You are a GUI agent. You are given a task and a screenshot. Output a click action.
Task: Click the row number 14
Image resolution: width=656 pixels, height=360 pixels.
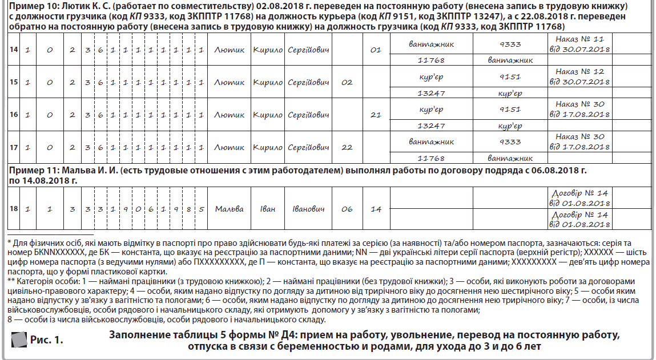pos(14,50)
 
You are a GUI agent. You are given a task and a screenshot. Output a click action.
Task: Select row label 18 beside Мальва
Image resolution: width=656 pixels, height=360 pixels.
pos(14,209)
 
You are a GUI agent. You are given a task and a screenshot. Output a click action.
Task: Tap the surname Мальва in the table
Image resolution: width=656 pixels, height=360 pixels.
pos(229,209)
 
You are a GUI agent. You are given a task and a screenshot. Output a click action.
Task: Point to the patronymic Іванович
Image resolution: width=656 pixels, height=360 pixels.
pos(308,209)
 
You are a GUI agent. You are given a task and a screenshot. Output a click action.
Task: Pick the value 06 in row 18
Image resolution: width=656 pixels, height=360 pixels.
pos(347,209)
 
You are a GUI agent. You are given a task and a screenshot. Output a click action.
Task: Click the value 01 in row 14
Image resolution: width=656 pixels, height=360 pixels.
pos(375,50)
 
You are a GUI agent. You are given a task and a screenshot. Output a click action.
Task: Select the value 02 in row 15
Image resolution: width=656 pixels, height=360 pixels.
pos(347,83)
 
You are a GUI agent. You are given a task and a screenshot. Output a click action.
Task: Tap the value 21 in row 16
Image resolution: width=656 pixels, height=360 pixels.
pos(375,115)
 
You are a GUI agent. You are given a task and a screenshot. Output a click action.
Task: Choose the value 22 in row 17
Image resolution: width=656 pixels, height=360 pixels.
pos(347,147)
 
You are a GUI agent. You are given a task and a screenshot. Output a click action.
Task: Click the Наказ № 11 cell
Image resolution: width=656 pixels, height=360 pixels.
pos(579,45)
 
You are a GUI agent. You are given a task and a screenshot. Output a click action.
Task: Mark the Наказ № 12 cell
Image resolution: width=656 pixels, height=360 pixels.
pos(579,76)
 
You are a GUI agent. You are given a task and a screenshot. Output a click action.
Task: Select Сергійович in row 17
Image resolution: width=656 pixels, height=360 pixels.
pos(308,147)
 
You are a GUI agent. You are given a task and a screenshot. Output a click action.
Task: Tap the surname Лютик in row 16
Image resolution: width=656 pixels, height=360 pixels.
pos(229,115)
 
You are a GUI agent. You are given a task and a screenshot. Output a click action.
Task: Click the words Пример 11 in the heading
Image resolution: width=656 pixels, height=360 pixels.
pos(31,171)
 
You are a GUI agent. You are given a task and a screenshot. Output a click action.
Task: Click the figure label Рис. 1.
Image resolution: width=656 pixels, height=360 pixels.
pos(47,341)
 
